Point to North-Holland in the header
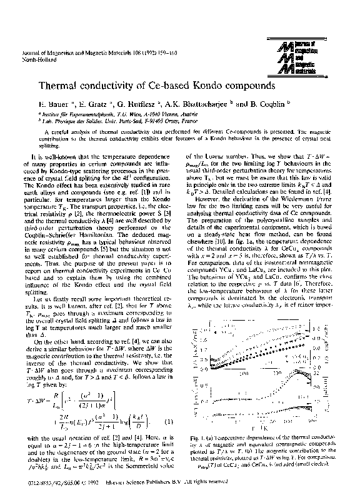[37, 61]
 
